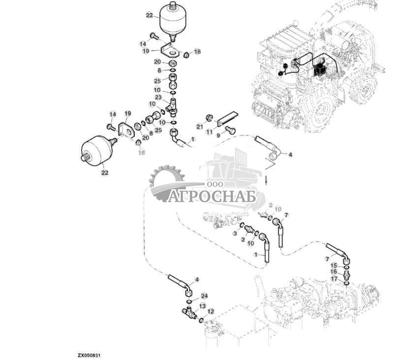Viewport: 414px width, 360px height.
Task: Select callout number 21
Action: (200, 127)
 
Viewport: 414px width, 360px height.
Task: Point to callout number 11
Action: (209, 132)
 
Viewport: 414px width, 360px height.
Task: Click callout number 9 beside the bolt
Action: (219, 134)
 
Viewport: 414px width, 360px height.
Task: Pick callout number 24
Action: (204, 296)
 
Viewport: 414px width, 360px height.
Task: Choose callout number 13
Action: (202, 305)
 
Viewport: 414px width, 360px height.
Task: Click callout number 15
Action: (334, 266)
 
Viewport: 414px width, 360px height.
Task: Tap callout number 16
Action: (334, 272)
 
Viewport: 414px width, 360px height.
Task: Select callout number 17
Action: (334, 278)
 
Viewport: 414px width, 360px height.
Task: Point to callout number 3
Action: (235, 232)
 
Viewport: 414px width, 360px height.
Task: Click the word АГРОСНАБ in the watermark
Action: (213, 196)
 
